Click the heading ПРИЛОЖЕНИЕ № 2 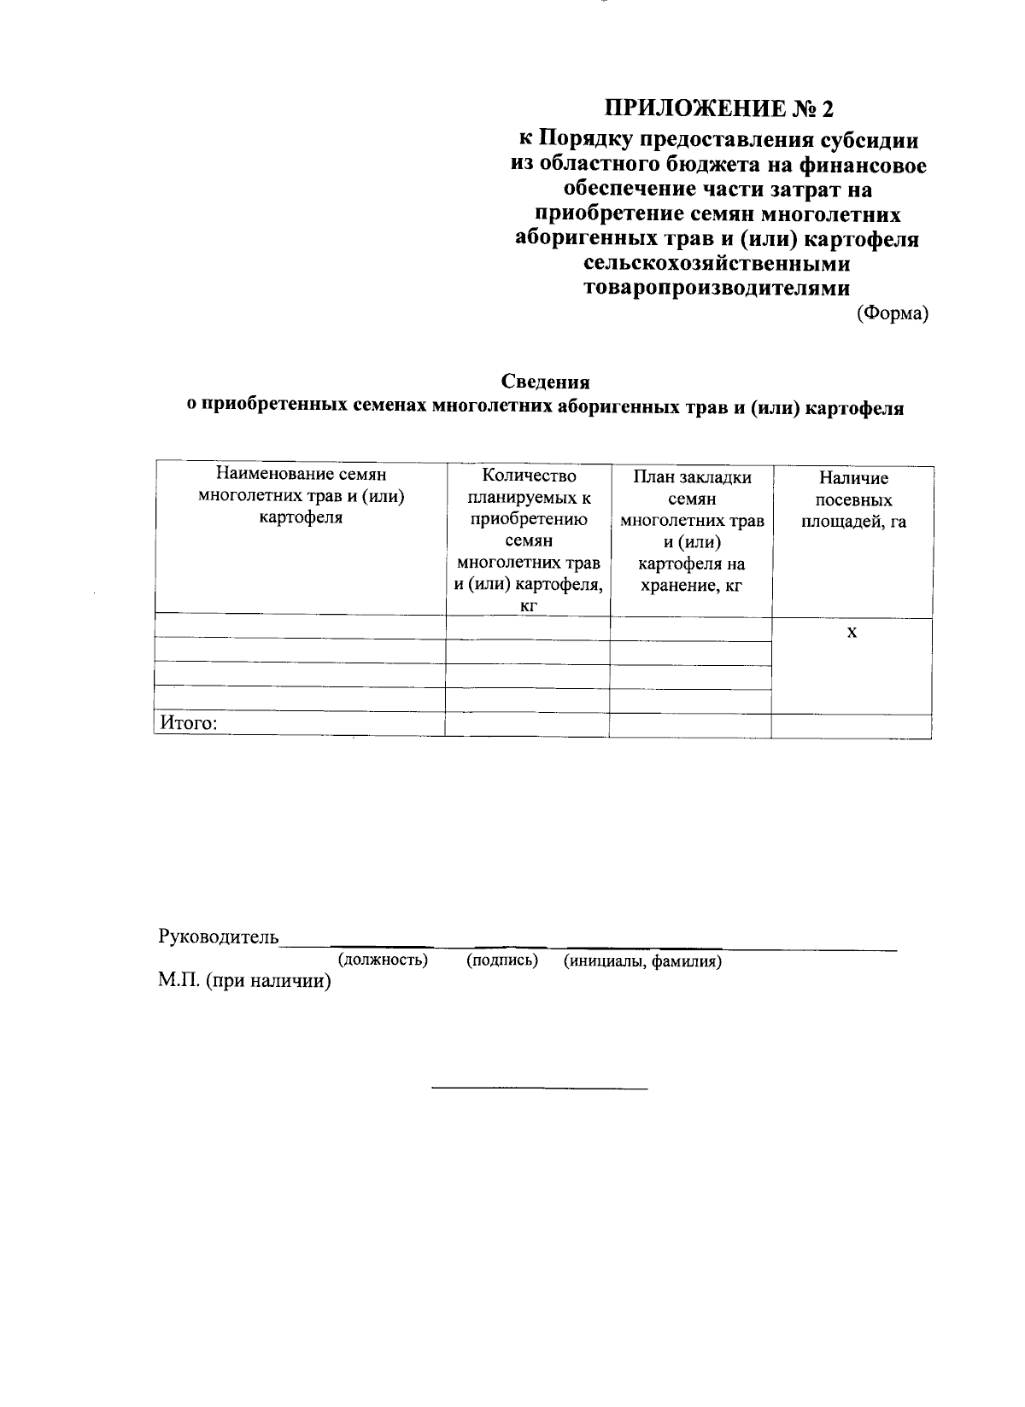click(x=717, y=109)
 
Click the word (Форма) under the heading click(x=893, y=314)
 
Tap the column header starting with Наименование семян click(x=301, y=496)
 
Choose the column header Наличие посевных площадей click(x=852, y=499)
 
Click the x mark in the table click(x=852, y=633)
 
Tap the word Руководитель click(x=219, y=937)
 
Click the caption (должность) click(x=383, y=960)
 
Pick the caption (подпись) click(x=502, y=960)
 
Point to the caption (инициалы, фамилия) click(x=642, y=961)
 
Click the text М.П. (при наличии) click(x=244, y=982)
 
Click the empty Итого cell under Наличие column click(x=852, y=726)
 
